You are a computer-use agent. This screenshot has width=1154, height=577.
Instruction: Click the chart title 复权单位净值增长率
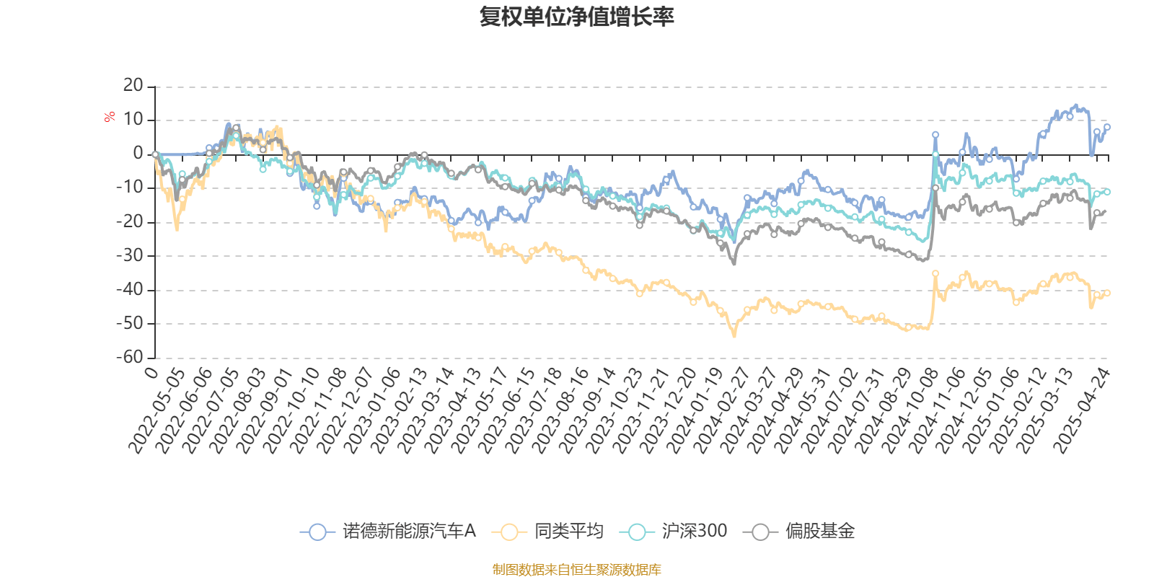click(576, 17)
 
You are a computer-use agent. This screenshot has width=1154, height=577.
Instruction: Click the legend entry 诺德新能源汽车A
click(388, 531)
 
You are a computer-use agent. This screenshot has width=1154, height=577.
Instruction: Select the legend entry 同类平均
click(547, 531)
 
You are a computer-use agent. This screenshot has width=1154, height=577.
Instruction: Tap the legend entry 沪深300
click(673, 531)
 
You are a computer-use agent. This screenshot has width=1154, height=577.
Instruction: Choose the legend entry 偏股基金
click(799, 531)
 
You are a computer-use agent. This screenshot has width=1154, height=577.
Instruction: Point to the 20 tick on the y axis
click(133, 86)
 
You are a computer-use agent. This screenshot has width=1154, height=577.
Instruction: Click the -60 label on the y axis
click(130, 357)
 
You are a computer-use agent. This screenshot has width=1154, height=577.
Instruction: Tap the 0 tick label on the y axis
click(138, 154)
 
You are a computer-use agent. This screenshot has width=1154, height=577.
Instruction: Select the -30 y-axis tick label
click(130, 255)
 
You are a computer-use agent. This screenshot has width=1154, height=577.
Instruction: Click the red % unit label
click(109, 117)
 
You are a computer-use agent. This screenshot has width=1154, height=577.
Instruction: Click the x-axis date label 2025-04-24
click(1081, 410)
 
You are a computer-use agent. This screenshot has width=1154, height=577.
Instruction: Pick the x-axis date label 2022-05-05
click(157, 410)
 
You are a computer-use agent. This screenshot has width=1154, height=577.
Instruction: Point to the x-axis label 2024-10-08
click(909, 410)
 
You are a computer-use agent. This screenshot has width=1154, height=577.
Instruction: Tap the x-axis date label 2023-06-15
click(506, 410)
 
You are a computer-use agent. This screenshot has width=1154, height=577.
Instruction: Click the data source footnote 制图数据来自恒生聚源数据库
click(576, 569)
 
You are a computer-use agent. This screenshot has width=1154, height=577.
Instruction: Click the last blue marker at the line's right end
click(1107, 127)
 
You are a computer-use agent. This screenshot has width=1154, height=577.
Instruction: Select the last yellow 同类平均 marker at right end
click(1107, 293)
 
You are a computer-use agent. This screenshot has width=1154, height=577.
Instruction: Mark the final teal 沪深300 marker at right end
click(1107, 192)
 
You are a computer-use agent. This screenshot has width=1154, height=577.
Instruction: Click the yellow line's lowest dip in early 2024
click(734, 335)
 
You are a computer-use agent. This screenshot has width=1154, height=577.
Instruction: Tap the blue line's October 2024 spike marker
click(935, 135)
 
